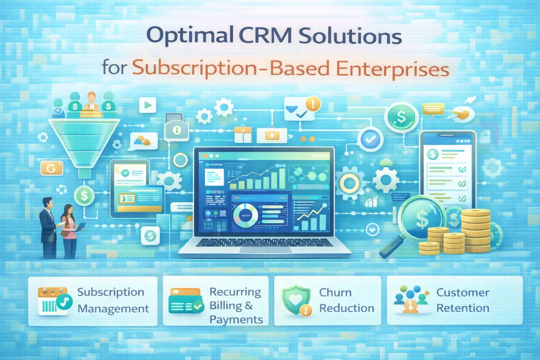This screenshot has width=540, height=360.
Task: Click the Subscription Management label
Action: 112,300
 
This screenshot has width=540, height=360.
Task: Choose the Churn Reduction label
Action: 346,300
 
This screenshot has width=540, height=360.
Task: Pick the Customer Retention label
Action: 463,300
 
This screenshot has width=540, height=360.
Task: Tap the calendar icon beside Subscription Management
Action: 53,301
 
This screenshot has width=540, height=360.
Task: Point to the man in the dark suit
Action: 48,227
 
